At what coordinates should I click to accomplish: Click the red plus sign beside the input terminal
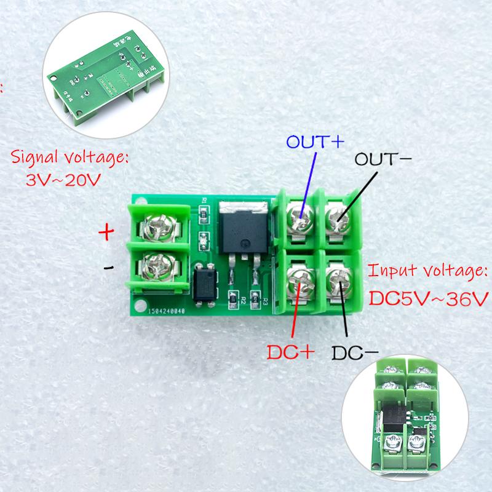(x=106, y=232)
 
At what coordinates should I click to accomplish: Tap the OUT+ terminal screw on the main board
(x=300, y=216)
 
